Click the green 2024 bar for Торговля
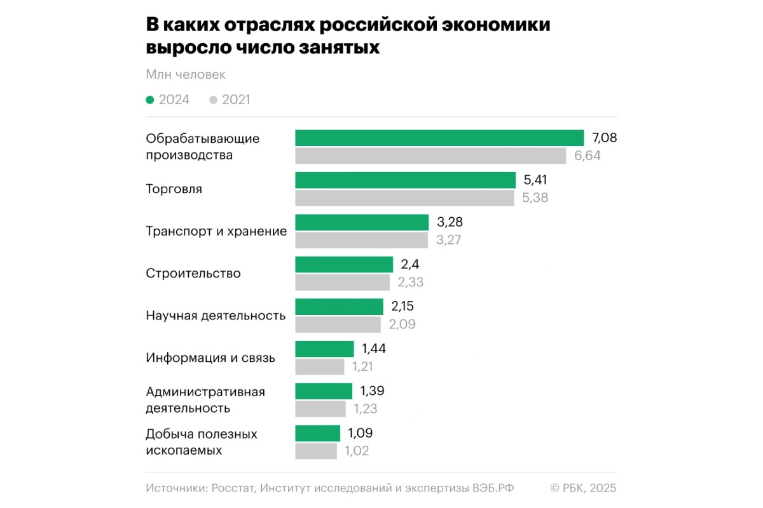coord(405,180)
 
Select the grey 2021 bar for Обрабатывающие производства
coord(430,156)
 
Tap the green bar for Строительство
coord(344,265)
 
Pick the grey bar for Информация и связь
coord(319,366)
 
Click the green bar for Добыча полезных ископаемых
coord(317,434)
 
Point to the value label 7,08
coord(605,138)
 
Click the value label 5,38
coord(535,197)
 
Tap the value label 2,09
coord(402,324)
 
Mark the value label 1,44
coord(374,349)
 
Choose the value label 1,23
coord(365,409)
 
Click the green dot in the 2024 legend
coord(150,100)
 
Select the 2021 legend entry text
coord(236,100)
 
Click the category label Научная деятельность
coord(216,316)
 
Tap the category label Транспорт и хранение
coord(216,231)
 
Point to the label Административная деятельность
coord(205,400)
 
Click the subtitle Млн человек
coord(186,75)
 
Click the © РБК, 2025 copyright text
coord(582,488)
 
